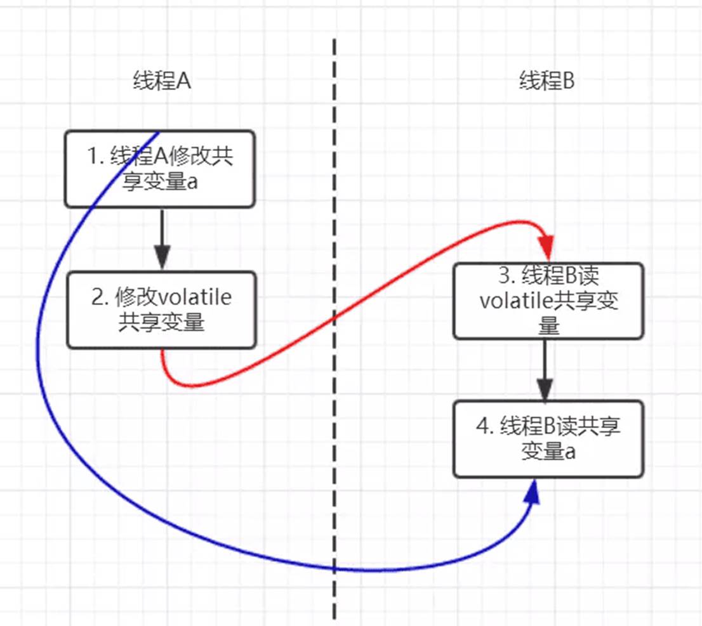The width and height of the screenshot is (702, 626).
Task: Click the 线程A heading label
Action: (x=161, y=82)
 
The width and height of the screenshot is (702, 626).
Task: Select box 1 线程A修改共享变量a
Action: (x=160, y=169)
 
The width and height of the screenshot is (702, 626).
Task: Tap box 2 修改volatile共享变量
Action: (x=161, y=310)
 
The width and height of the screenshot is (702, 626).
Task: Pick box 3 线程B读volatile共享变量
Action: (x=548, y=301)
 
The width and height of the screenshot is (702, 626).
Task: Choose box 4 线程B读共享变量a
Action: (x=548, y=439)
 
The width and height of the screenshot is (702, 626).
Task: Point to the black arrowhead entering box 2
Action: (x=162, y=259)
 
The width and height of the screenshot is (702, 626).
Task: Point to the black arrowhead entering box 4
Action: (x=545, y=389)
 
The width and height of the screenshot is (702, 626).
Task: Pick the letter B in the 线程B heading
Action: (x=568, y=82)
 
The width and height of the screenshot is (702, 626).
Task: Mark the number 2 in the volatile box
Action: (x=97, y=297)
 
